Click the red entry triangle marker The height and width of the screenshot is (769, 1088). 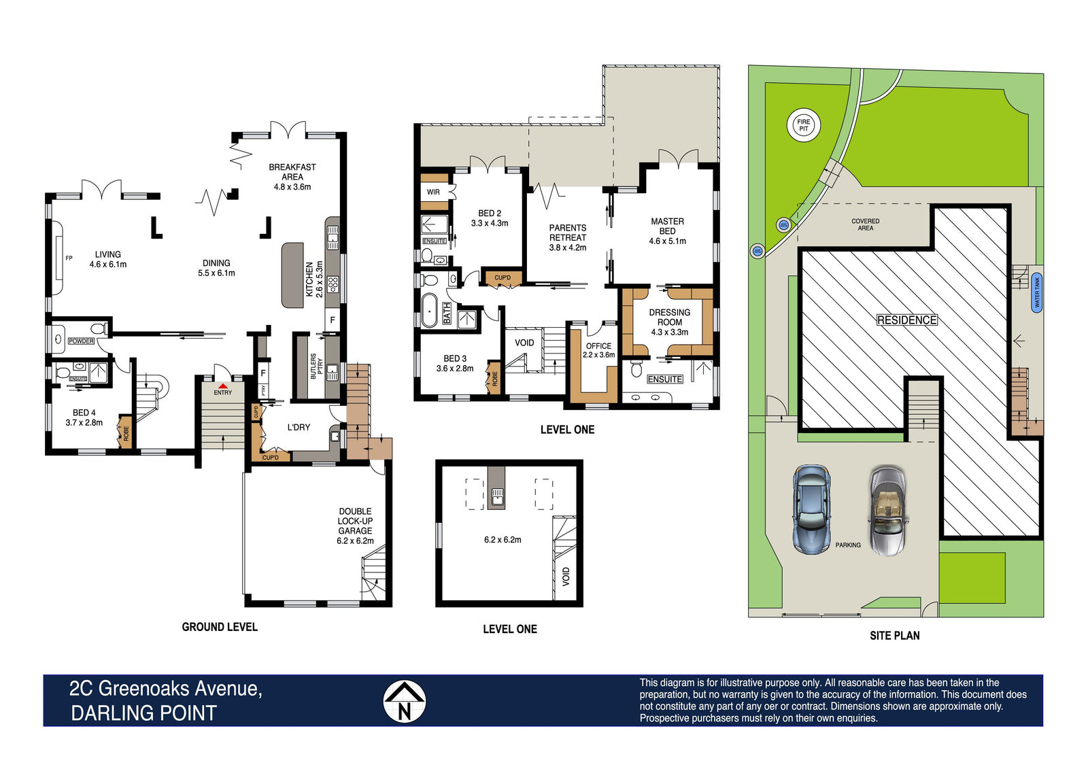[222, 386]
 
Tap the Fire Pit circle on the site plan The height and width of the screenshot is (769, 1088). [803, 125]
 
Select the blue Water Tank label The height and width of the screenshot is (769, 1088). [1037, 292]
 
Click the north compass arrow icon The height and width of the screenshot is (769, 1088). [404, 701]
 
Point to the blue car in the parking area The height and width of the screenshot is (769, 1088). [811, 509]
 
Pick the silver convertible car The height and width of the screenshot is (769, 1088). [887, 511]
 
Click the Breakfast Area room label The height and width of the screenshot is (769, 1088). [292, 177]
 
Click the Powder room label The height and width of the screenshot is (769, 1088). [81, 341]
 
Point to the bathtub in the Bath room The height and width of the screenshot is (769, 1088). [429, 310]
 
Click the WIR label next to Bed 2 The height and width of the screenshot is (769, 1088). [433, 192]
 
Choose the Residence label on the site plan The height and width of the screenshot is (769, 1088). [907, 320]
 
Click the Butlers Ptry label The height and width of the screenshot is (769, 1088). [316, 366]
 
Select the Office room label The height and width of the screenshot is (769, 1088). [598, 350]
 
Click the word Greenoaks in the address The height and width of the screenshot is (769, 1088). [146, 688]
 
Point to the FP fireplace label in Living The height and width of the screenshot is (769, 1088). [69, 258]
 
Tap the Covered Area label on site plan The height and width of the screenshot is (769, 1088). [865, 224]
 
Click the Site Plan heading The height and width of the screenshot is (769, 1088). [895, 636]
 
